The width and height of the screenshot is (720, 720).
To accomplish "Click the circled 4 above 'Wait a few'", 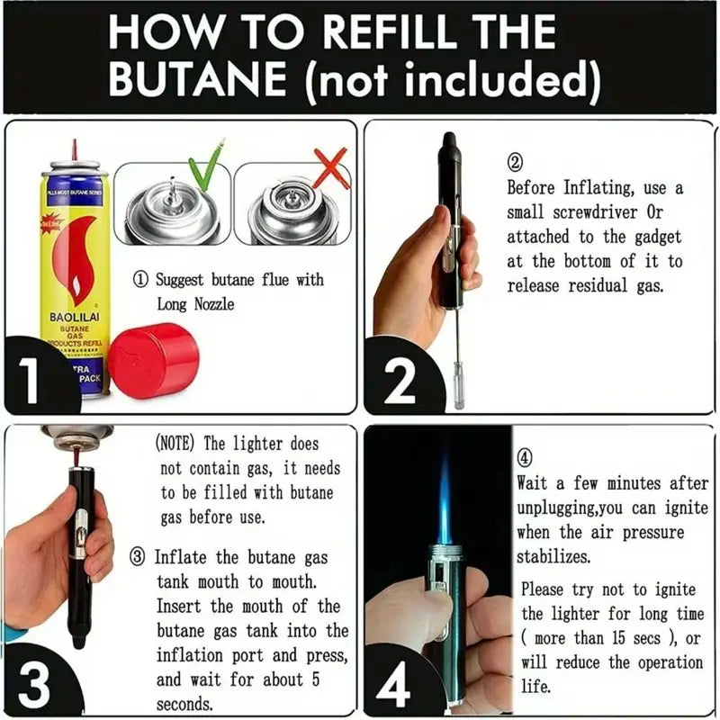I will [x=526, y=456].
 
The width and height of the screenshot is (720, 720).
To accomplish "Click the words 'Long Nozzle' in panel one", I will [x=195, y=304].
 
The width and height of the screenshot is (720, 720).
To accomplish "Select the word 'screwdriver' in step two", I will [x=586, y=213].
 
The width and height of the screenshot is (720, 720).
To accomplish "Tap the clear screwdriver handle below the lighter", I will [x=458, y=392].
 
